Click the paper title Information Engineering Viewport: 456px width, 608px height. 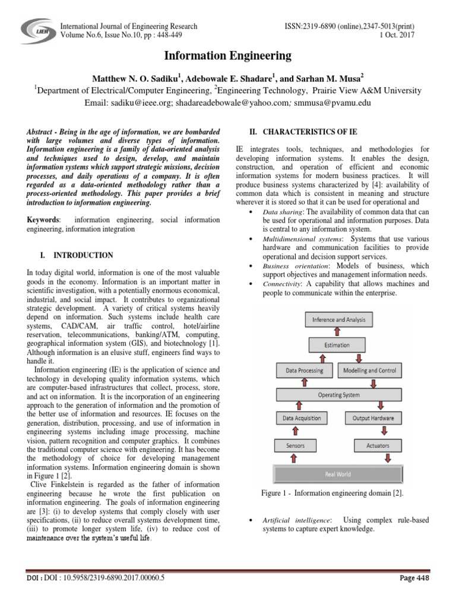point(227,56)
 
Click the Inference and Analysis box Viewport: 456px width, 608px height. point(339,320)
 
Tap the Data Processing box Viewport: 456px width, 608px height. point(305,370)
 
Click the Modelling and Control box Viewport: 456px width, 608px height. point(370,370)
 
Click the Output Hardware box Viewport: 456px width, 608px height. point(373,418)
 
